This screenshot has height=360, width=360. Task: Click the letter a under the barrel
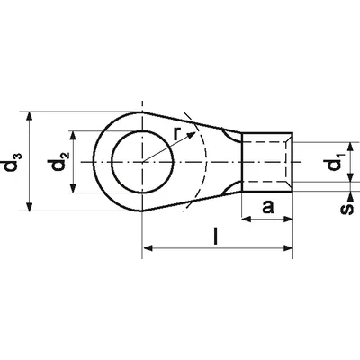click(266, 209)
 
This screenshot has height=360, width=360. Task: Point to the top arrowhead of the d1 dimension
click(350, 144)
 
